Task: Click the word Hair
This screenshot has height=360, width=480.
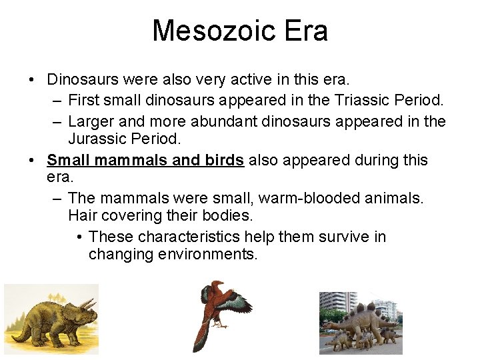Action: point(83,216)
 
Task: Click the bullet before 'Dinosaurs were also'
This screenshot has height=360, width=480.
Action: point(32,80)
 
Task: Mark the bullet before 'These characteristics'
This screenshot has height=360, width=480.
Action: point(79,237)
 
